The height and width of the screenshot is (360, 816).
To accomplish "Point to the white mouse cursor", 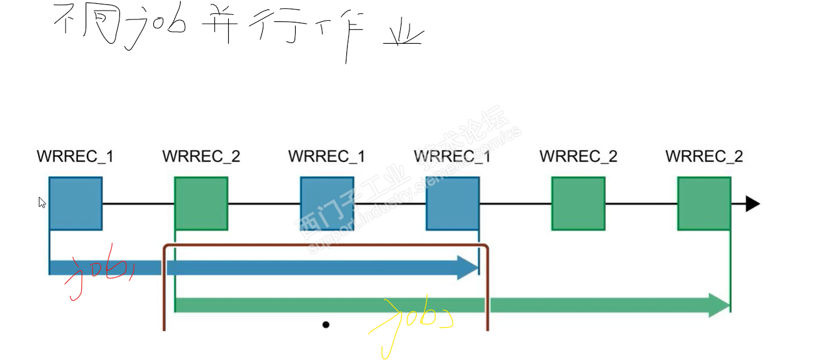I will pos(41,202).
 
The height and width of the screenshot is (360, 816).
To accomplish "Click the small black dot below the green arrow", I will pos(326,324).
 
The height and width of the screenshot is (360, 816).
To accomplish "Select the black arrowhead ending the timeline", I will pos(753,204).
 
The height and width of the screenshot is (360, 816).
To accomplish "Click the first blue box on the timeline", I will pos(76,204).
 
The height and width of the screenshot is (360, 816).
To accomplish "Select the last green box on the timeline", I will pos(704,204).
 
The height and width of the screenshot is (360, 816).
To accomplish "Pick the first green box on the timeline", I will pos(201,204).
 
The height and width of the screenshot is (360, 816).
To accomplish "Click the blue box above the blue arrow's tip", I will pos(453,204).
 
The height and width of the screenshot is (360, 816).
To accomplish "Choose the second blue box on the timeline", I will pos(327,204).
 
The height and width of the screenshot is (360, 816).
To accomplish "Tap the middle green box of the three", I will pos(578,204).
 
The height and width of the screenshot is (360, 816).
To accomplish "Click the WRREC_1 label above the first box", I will pos(76,156).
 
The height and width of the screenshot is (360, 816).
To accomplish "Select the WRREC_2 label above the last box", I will pos(704,156).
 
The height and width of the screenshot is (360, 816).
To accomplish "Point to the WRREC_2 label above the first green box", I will pos(201,156).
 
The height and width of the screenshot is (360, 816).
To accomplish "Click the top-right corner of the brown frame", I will pos(485,246).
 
